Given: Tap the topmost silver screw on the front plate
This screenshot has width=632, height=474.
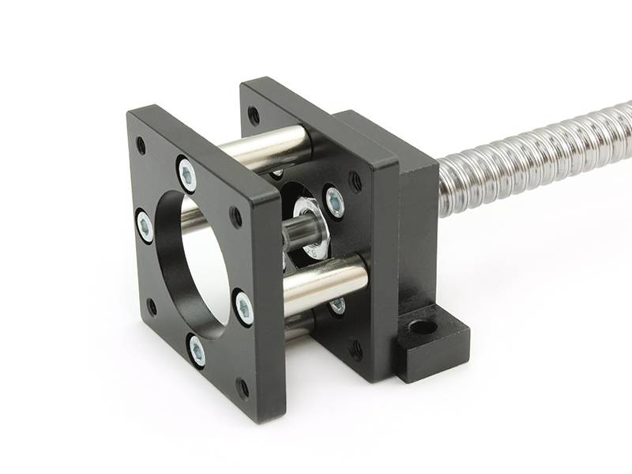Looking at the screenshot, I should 187,174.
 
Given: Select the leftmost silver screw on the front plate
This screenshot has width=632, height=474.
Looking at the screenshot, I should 145,226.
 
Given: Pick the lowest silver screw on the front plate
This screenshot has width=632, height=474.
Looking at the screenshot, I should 196,350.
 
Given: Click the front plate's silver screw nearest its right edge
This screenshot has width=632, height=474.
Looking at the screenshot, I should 244,307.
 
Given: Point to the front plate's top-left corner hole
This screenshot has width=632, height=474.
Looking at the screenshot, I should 141,145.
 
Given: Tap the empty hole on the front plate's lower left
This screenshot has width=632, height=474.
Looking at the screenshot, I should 152,307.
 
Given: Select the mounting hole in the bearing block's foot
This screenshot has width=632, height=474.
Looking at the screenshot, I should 423,325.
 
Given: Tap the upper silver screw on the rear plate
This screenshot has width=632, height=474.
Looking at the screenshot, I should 333,202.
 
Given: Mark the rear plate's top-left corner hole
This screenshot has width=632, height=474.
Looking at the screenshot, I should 254,115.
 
